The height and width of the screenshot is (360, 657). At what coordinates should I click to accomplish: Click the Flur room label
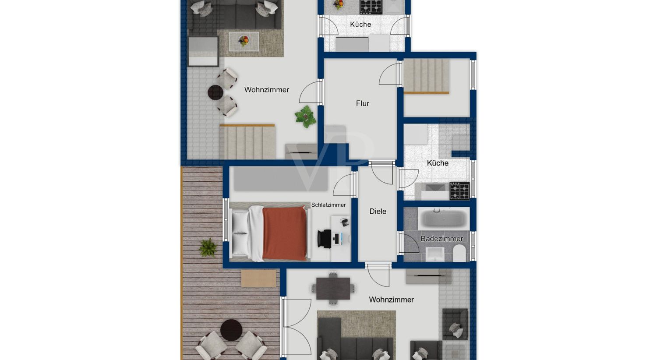pyautogui.click(x=363, y=103)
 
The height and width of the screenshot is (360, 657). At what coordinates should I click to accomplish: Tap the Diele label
pyautogui.click(x=378, y=211)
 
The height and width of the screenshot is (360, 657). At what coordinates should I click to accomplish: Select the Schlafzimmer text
pyautogui.click(x=328, y=205)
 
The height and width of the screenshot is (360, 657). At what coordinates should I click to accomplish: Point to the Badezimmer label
pyautogui.click(x=442, y=239)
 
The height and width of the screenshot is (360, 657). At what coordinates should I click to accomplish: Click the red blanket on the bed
pyautogui.click(x=285, y=233)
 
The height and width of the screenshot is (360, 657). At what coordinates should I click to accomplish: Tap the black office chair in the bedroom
pyautogui.click(x=325, y=239)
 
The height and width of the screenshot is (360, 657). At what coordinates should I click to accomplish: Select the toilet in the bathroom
pyautogui.click(x=459, y=254)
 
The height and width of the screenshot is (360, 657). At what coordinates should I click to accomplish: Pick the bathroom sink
pyautogui.click(x=435, y=254)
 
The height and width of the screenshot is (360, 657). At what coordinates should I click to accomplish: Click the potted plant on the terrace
pyautogui.click(x=208, y=248)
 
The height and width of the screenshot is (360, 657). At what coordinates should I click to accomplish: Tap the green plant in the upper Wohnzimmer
pyautogui.click(x=306, y=116)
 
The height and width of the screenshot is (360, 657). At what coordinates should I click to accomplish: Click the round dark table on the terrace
pyautogui.click(x=231, y=330)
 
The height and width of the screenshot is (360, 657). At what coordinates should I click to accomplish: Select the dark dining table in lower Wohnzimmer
pyautogui.click(x=333, y=289)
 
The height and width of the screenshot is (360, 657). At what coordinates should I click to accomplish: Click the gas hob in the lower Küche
pyautogui.click(x=459, y=191)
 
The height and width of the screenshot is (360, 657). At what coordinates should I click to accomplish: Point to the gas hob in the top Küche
pyautogui.click(x=371, y=7)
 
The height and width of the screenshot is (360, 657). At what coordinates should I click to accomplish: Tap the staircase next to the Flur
pyautogui.click(x=426, y=76)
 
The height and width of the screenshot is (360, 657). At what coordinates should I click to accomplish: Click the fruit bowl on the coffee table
pyautogui.click(x=244, y=40)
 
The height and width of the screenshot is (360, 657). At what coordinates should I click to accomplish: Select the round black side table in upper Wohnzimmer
pyautogui.click(x=215, y=93)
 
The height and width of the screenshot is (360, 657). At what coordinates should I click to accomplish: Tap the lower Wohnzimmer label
pyautogui.click(x=391, y=300)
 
